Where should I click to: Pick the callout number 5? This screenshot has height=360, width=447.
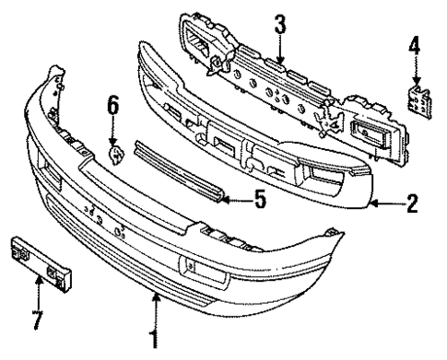coord(260,196)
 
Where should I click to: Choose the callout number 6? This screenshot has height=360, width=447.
coord(114,108)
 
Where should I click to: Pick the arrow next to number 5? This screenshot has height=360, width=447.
coord(236,195)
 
